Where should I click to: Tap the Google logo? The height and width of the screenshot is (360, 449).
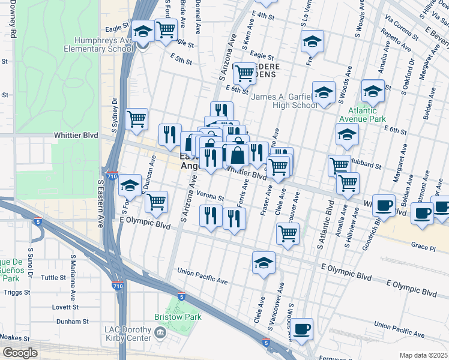20,353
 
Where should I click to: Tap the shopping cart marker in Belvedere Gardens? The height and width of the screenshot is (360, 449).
244,73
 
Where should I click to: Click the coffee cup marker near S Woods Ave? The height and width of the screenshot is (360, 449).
303,328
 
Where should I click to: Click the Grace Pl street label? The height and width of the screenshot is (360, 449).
423,247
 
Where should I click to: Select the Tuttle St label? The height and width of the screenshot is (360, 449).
53,277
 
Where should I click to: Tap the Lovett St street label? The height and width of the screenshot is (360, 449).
78,306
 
